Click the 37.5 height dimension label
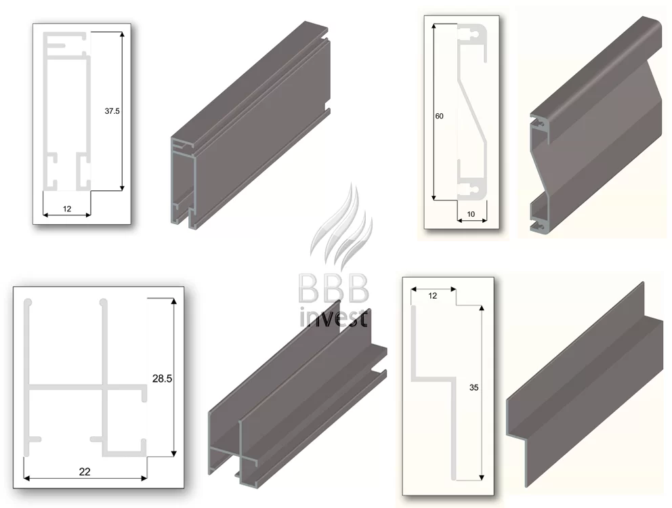[112, 111]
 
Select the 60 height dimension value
[439, 117]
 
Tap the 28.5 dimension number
[162, 378]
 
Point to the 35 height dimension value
[474, 387]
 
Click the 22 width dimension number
[85, 471]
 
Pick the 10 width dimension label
[471, 214]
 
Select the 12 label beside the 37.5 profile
[67, 209]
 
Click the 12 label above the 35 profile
[432, 296]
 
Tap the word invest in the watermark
[333, 318]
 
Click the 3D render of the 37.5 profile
[250, 125]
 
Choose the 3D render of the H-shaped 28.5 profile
[297, 396]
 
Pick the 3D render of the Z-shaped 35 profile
[585, 385]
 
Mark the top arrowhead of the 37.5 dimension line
[122, 35]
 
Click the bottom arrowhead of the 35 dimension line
[482, 477]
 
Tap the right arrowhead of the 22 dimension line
[144, 478]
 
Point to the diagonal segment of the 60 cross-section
[472, 111]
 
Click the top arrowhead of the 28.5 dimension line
[173, 301]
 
